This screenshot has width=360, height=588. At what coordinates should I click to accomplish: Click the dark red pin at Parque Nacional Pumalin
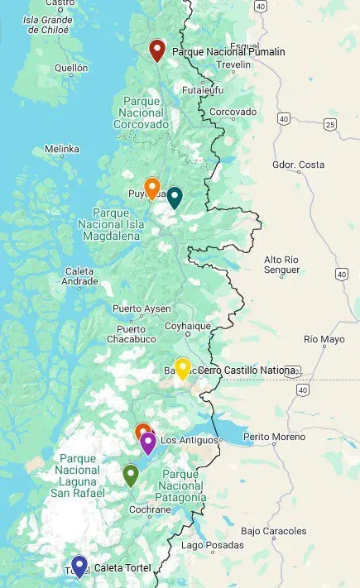point(156,50)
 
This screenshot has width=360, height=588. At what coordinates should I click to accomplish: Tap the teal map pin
point(175,198)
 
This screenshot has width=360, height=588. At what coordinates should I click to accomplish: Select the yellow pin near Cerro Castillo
point(183,368)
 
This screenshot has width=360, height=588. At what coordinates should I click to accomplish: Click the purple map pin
point(147,443)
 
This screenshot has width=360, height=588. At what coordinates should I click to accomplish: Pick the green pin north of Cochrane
point(130,475)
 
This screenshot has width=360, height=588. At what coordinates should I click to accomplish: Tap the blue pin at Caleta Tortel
point(79,566)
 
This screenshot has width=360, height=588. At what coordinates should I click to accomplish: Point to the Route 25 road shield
point(330,125)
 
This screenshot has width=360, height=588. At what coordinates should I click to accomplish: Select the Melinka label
point(62,150)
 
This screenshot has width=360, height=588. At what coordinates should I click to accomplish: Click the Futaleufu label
point(203,90)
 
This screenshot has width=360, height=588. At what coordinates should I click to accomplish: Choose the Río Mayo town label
point(323,339)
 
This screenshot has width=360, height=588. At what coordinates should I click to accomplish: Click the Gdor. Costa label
point(298,165)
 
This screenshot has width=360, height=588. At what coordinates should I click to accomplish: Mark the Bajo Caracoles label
point(275,531)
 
